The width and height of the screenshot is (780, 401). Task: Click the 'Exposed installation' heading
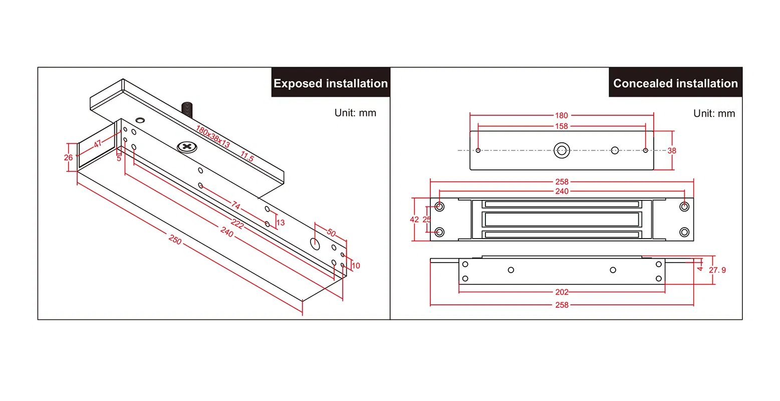[331, 83]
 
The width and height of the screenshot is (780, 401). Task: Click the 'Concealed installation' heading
[675, 83]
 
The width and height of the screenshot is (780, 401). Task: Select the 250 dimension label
[175, 240]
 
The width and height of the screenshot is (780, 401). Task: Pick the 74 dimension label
[235, 205]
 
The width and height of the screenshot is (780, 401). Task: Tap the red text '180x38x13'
[213, 137]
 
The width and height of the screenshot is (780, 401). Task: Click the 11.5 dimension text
[247, 156]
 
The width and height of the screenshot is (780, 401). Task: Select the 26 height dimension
[69, 157]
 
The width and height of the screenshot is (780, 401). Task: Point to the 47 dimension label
[98, 144]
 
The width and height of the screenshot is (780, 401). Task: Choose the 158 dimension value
[562, 126]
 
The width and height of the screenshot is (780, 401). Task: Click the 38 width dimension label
[672, 150]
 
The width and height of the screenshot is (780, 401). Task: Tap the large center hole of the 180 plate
[562, 150]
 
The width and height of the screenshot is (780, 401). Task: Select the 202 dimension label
[562, 292]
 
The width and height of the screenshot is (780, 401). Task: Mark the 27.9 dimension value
[717, 270]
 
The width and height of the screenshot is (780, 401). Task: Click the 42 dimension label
[414, 220]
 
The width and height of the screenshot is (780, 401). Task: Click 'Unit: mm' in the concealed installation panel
[714, 113]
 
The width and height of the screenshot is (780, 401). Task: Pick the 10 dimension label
[356, 266]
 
